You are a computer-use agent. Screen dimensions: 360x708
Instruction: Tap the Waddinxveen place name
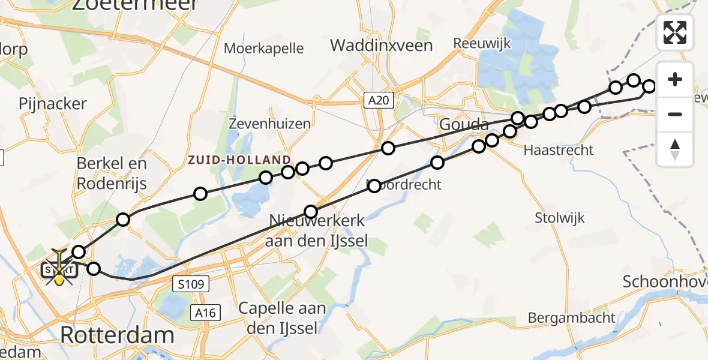pyautogui.click(x=381, y=45)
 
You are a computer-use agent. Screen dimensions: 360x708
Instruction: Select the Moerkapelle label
pyautogui.click(x=264, y=49)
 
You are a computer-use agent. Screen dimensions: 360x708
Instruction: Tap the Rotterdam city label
pyautogui.click(x=117, y=335)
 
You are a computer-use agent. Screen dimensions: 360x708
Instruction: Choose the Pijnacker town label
pyautogui.click(x=53, y=104)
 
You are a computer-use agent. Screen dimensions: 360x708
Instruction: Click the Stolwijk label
pyautogui.click(x=560, y=218)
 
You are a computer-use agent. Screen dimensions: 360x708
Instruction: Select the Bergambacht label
pyautogui.click(x=572, y=317)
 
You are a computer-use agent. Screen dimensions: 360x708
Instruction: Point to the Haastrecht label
pyautogui.click(x=559, y=150)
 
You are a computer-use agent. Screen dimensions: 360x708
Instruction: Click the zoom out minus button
pyautogui.click(x=675, y=114)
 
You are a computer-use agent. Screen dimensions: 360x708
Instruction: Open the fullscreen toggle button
pyautogui.click(x=675, y=32)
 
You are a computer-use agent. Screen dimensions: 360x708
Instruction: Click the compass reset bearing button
pyautogui.click(x=675, y=149)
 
